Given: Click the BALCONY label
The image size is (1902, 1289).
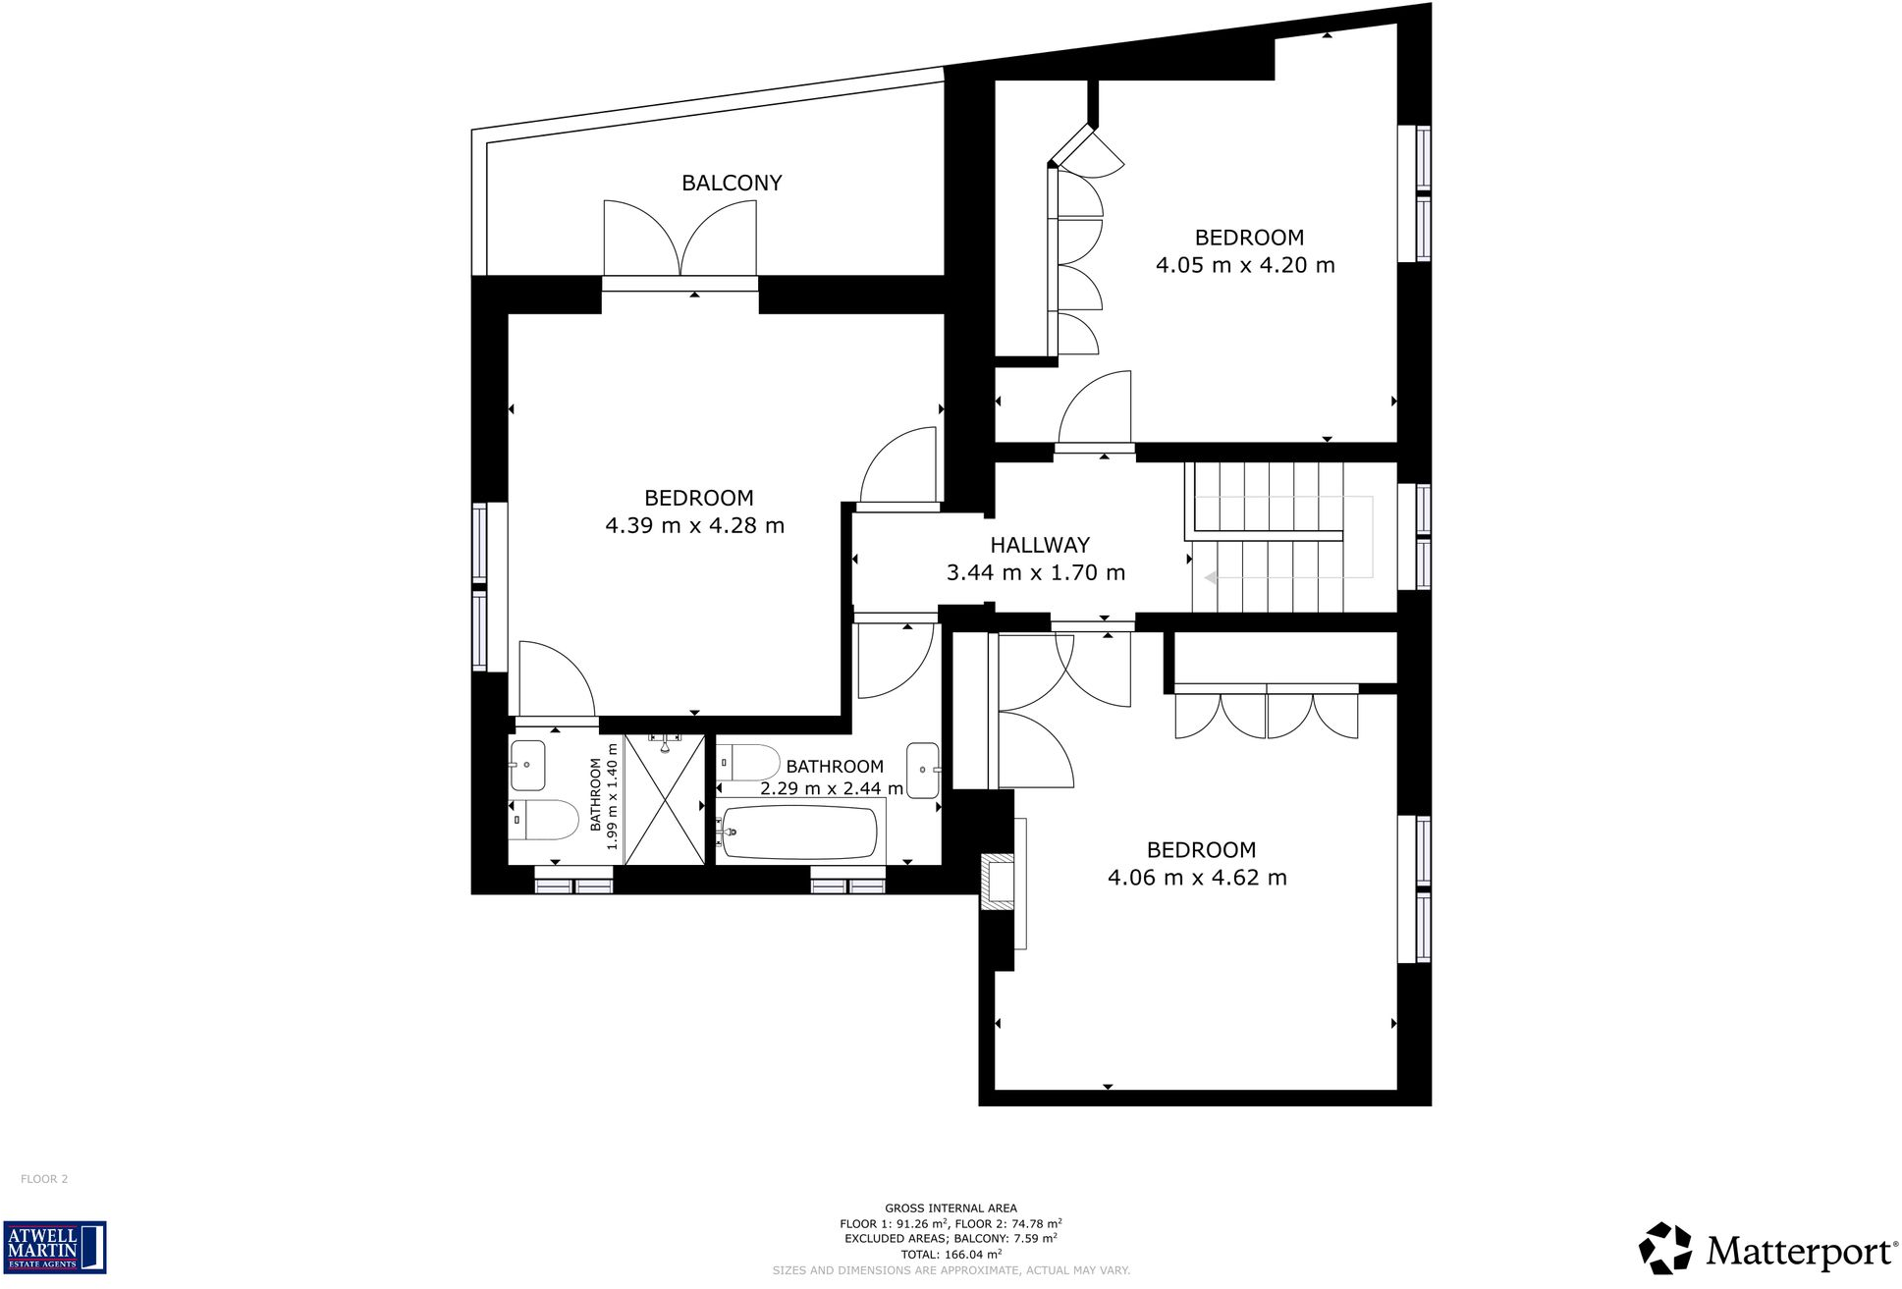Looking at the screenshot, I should coord(732,183).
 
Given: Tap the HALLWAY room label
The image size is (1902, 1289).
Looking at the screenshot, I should coord(1039,545).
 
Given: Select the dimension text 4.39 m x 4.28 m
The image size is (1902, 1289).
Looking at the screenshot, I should coord(694,525).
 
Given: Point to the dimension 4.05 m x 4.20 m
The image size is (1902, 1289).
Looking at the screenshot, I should coord(1244,265).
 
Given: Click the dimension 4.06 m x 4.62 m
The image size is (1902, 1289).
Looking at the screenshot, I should coord(1196,878).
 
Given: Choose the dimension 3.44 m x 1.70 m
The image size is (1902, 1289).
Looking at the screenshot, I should coord(1035,572).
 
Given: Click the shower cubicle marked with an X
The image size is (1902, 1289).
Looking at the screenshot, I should coord(665,799).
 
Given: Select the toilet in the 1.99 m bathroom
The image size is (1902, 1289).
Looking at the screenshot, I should coord(545,819).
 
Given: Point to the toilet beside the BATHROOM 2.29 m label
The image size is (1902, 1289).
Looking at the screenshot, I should coord(748,762).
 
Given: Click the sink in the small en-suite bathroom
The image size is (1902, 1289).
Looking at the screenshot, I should coord(527,765).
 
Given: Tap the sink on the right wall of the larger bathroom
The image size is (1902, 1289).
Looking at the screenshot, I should coord(923,770).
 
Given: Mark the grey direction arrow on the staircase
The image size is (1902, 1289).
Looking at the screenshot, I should coord(1211,578).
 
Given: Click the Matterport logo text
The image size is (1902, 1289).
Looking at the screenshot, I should coord(1801,1252).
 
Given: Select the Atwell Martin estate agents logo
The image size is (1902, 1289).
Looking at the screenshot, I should coord(54,1247).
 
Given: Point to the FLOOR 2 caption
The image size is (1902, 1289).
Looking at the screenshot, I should coord(44,1179).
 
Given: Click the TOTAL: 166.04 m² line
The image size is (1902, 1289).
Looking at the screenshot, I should coord(951,1254).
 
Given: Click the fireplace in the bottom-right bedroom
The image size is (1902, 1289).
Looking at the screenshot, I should coord(1000,879).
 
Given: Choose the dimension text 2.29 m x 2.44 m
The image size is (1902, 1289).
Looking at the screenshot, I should coord(831,788).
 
